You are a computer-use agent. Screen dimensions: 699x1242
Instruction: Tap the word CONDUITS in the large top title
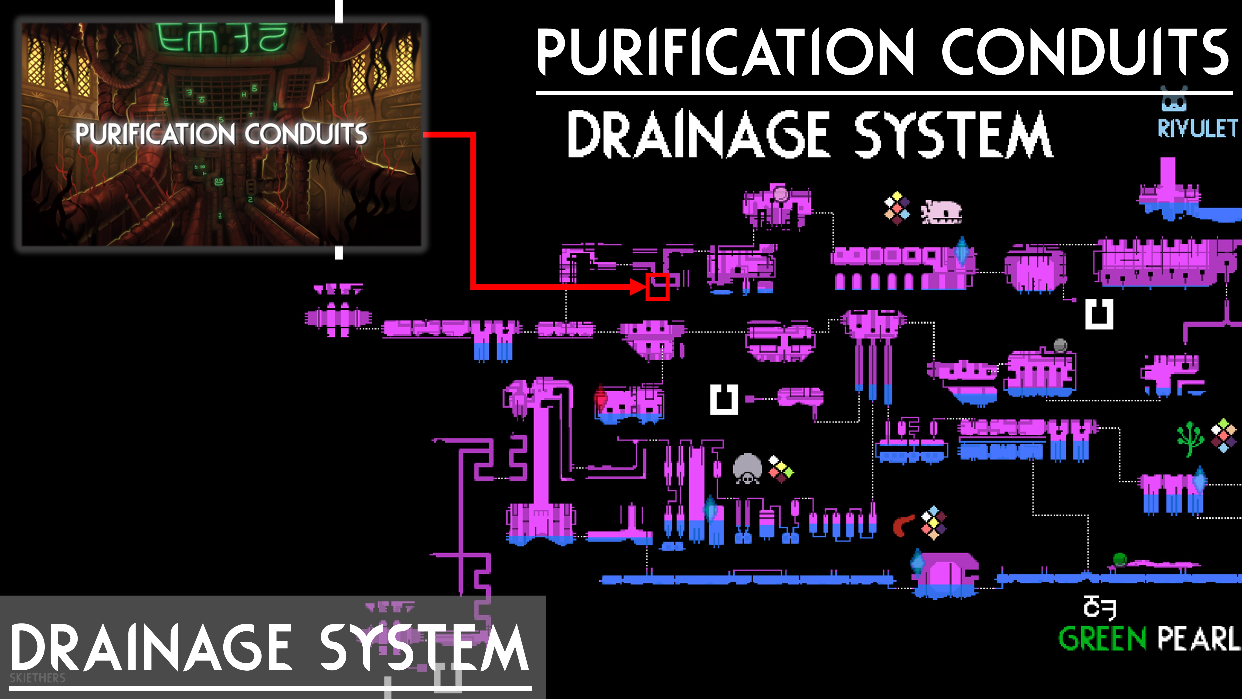[1085, 52]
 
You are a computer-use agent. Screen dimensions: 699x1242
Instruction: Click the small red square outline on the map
[657, 287]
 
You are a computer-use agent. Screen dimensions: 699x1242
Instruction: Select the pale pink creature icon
[941, 212]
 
